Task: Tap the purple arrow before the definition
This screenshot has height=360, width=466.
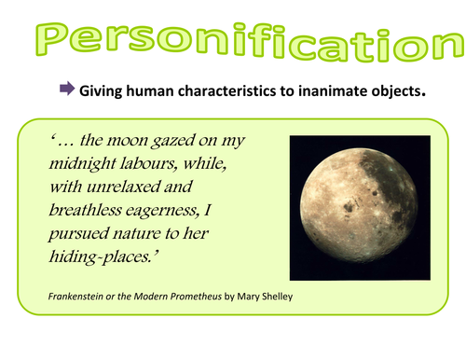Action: point(66,90)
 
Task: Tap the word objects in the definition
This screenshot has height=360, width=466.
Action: point(395,91)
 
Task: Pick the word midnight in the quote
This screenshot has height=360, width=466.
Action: point(87,167)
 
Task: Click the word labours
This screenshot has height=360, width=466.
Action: point(158,166)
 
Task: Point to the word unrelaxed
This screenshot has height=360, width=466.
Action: point(127,190)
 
